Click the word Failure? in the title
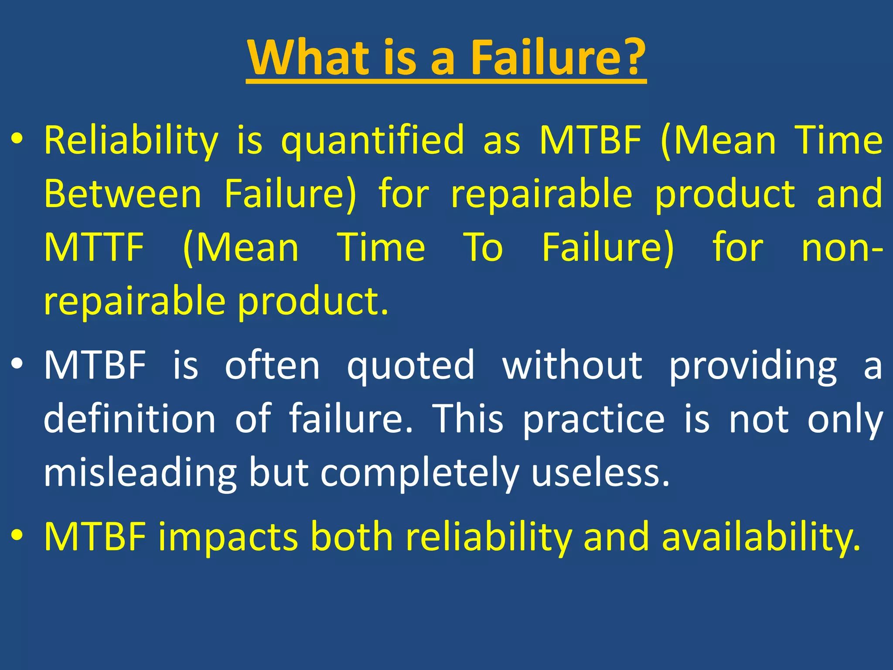click(558, 58)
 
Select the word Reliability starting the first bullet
click(131, 140)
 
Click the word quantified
click(373, 140)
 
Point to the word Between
click(123, 194)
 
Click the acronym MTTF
click(94, 247)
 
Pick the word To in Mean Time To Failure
click(483, 247)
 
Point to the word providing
click(753, 366)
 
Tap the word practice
click(594, 420)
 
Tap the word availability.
click(761, 537)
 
